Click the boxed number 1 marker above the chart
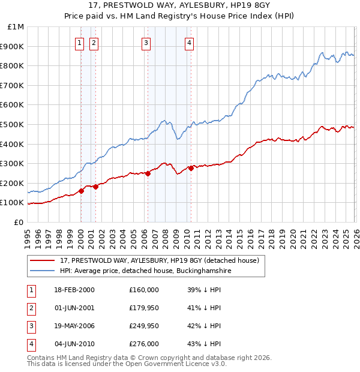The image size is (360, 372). pyautogui.click(x=80, y=43)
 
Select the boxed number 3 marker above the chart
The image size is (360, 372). pyautogui.click(x=146, y=43)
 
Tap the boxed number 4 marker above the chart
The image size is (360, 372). pyautogui.click(x=189, y=43)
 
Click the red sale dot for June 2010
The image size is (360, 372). pyautogui.click(x=191, y=168)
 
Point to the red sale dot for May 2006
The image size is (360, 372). pyautogui.click(x=148, y=173)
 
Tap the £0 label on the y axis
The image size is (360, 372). pyautogui.click(x=19, y=222)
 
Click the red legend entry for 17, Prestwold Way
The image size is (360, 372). pyautogui.click(x=159, y=260)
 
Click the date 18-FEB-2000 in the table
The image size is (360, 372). pyautogui.click(x=74, y=290)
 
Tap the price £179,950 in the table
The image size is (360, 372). pyautogui.click(x=144, y=308)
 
